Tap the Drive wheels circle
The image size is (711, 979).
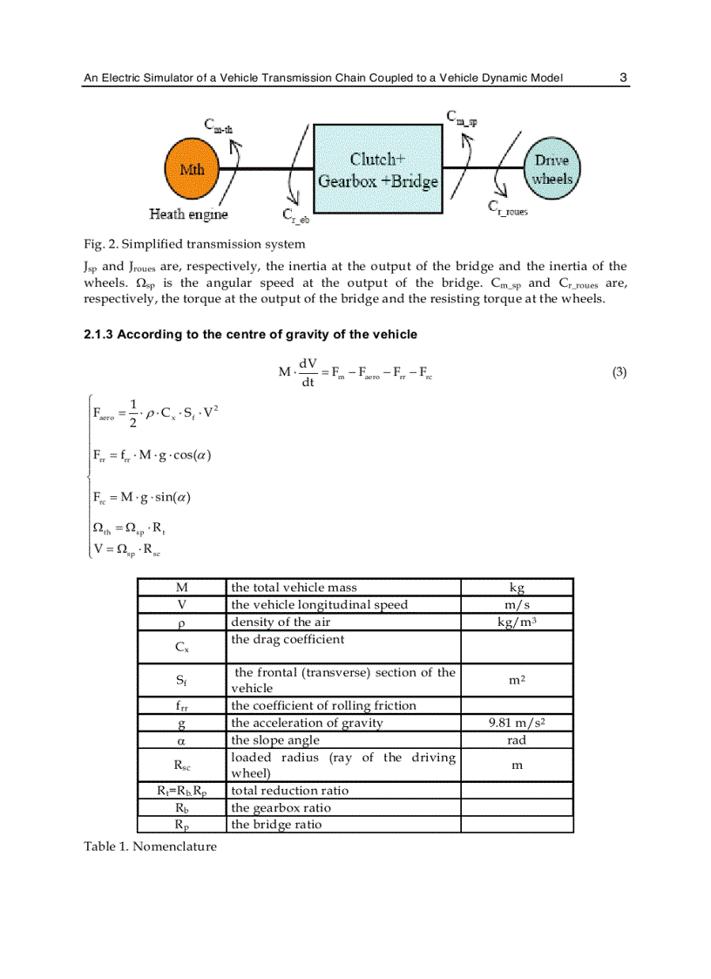(552, 169)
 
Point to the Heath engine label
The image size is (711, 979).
(188, 214)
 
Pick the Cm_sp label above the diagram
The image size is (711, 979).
(461, 117)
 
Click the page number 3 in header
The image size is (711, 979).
(623, 78)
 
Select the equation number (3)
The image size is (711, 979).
(619, 372)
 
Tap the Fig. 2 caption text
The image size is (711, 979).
(193, 243)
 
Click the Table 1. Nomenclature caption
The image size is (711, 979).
(150, 846)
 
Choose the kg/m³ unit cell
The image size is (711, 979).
(517, 622)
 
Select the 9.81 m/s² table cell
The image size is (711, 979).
(517, 723)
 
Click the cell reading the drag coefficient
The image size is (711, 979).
(288, 639)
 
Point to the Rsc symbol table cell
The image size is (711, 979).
(181, 765)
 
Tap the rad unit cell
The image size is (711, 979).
(517, 740)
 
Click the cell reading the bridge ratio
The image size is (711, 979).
(276, 824)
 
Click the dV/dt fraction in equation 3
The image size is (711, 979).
(308, 372)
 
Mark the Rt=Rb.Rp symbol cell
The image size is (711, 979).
(181, 791)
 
